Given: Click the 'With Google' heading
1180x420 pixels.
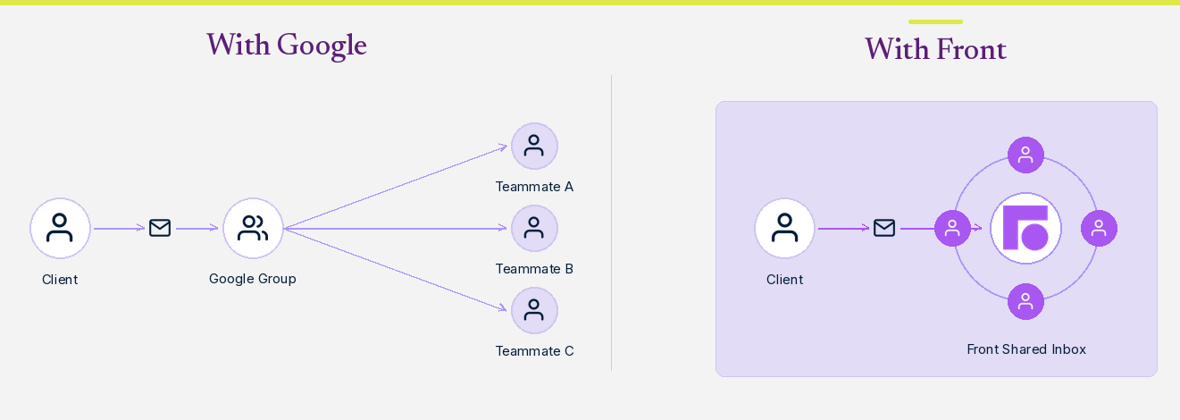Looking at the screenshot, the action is click(x=286, y=46).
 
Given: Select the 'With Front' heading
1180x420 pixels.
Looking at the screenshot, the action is click(x=935, y=49).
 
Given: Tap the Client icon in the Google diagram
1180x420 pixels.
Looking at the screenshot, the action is click(x=60, y=228).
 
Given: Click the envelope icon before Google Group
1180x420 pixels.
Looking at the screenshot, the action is click(x=160, y=228).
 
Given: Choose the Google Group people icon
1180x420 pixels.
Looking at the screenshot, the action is click(x=253, y=228).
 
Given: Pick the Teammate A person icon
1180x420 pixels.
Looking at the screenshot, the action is click(x=534, y=146).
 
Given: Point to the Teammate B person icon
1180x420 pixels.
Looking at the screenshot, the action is click(x=534, y=228).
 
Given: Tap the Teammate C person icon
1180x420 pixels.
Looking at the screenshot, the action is click(x=534, y=310).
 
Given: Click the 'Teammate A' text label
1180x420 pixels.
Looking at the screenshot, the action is click(x=534, y=187).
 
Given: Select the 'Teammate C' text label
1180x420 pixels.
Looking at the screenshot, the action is click(x=534, y=351).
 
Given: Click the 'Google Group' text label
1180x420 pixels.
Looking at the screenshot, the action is click(x=252, y=279).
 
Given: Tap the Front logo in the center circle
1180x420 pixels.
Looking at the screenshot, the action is click(x=1025, y=228).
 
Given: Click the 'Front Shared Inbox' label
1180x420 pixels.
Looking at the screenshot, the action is click(x=1026, y=349).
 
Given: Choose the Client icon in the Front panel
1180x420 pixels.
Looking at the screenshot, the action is click(x=785, y=228).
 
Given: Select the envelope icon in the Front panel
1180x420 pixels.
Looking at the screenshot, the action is click(x=884, y=228).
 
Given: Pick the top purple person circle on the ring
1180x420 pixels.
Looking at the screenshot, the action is click(x=1025, y=155).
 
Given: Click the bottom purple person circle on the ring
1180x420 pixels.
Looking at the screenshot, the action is click(x=1025, y=301).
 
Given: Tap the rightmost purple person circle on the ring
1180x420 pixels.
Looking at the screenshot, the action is click(x=1099, y=228).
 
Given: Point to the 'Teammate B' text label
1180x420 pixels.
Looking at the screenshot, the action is click(x=534, y=269).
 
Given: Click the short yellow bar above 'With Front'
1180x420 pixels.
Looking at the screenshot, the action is click(x=935, y=21).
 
